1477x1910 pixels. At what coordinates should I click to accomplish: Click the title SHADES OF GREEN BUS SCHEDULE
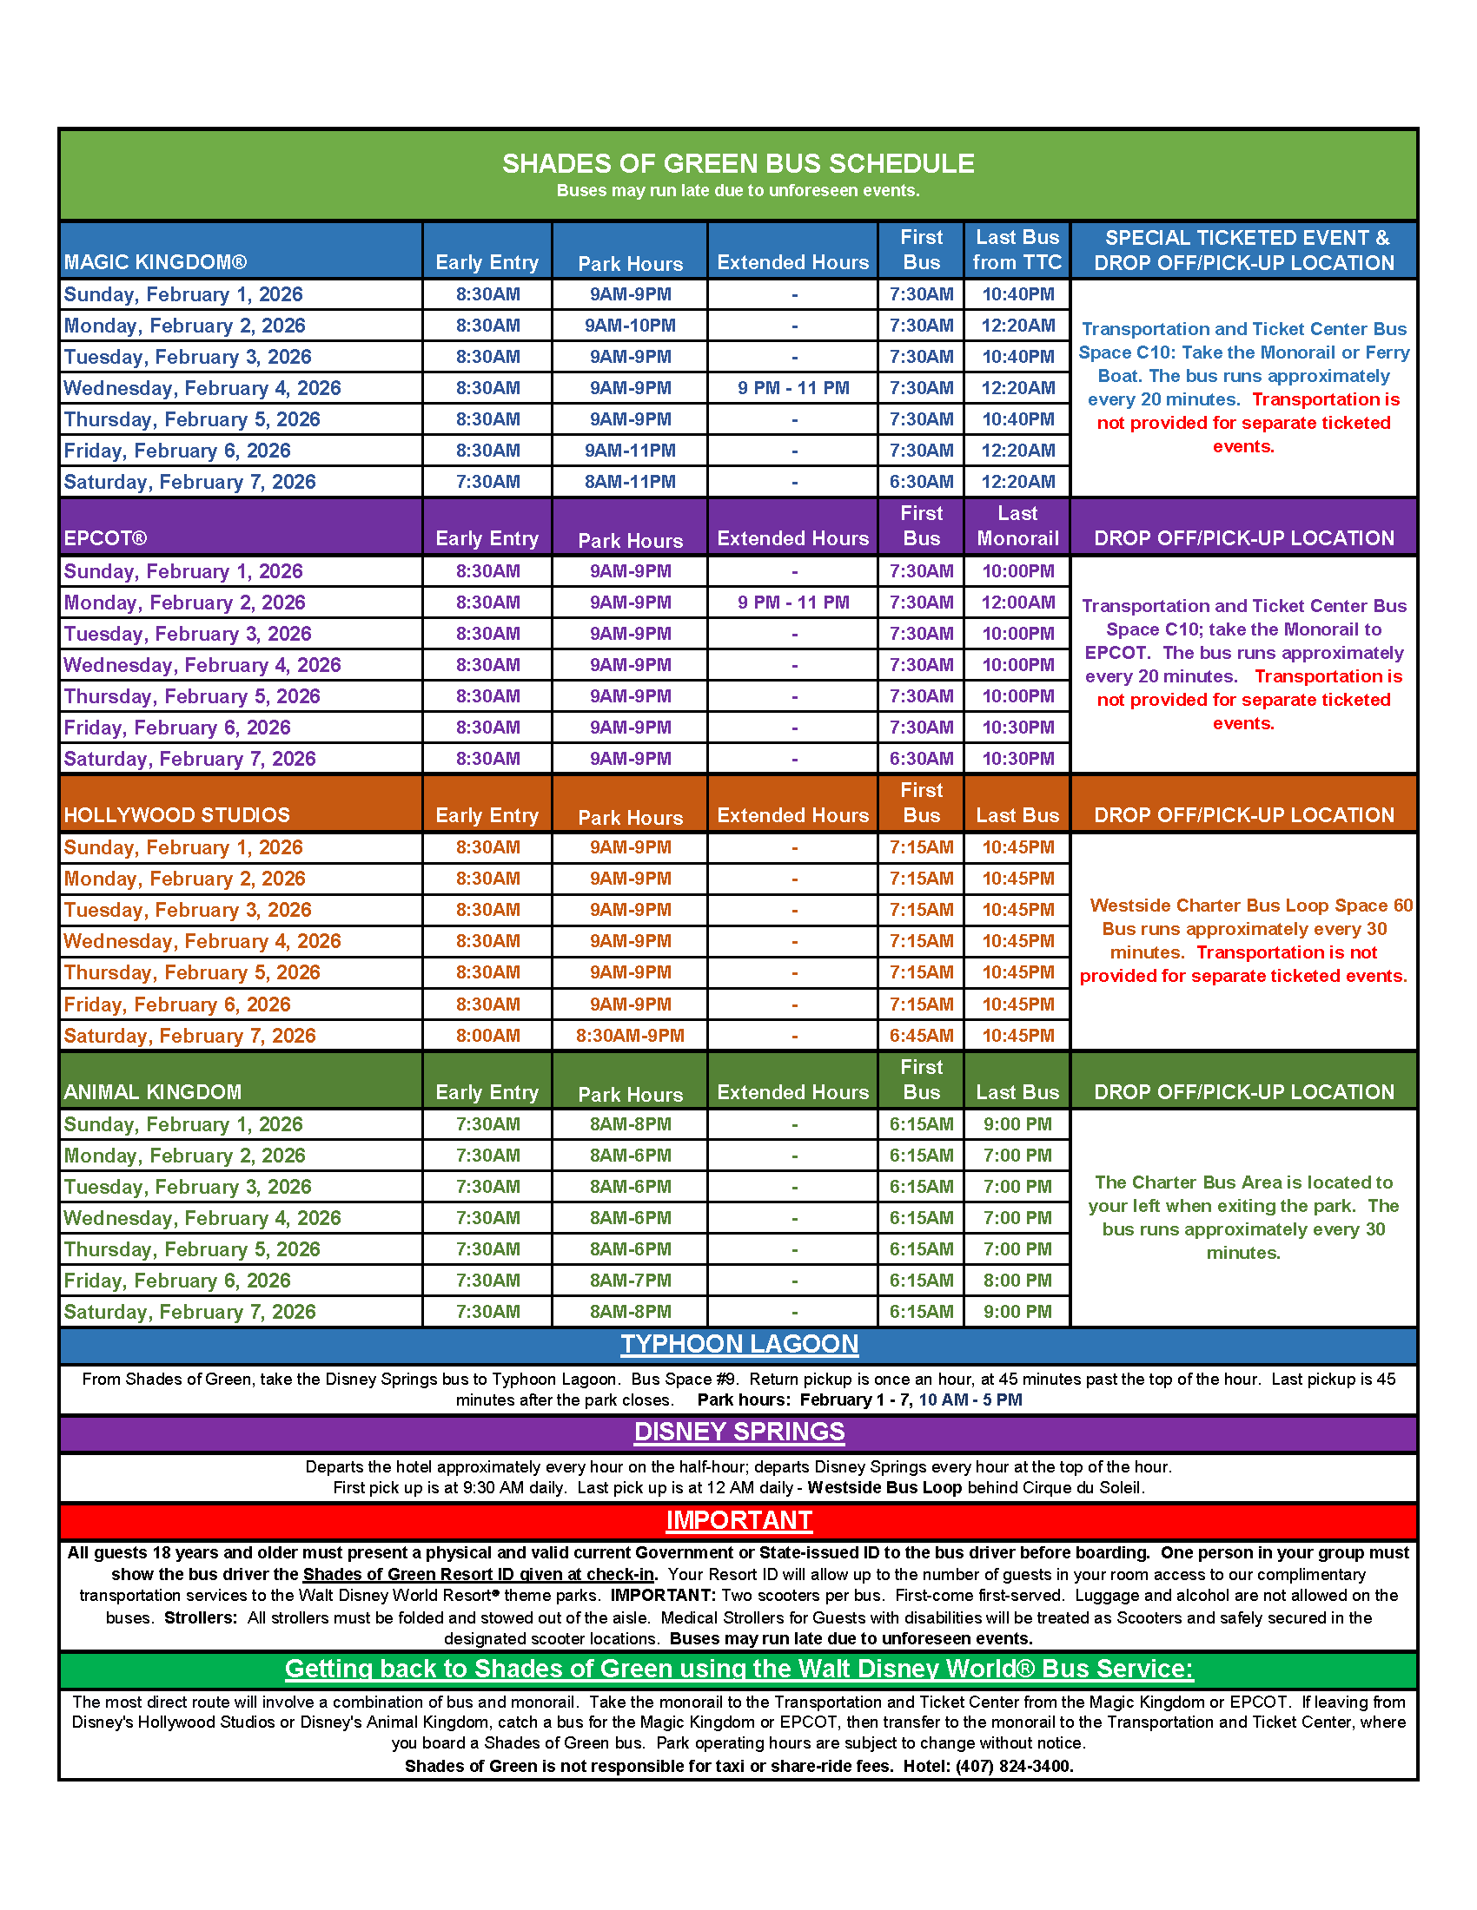[738, 163]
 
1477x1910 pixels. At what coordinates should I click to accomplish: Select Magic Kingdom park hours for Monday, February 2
[630, 326]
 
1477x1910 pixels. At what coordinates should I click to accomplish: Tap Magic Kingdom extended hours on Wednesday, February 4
[792, 388]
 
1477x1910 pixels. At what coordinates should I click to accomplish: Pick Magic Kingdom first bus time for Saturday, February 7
[920, 482]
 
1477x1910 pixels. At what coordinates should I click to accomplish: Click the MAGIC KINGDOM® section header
[155, 262]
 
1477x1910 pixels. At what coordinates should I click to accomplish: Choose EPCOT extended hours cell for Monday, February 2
[792, 603]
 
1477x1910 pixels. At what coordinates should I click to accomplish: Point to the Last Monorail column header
[1017, 525]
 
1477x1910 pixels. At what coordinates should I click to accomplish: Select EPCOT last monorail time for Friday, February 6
[1017, 728]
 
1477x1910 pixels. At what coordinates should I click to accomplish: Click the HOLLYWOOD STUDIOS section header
[176, 815]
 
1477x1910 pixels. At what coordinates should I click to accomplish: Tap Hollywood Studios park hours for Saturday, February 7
[630, 1036]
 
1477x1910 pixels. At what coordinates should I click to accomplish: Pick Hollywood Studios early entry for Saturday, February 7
[487, 1036]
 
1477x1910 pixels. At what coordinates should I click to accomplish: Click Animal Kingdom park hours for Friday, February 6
[630, 1281]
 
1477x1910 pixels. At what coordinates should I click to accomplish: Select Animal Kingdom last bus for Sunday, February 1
[1017, 1123]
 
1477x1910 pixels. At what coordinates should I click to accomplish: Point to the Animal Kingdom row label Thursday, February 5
[192, 1248]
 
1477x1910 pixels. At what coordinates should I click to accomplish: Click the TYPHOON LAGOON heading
[739, 1344]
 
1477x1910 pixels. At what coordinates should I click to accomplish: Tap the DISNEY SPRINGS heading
[739, 1432]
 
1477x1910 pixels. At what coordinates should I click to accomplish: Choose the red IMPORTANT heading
[739, 1520]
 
